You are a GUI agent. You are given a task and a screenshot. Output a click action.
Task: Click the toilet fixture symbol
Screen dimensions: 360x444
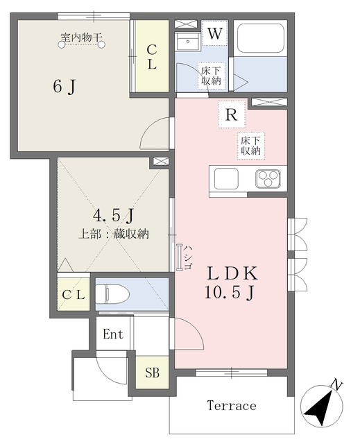[112, 294]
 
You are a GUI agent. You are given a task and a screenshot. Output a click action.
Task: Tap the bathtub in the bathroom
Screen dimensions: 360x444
[261, 38]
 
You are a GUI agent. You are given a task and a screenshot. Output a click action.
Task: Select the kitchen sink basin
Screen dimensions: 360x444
[226, 179]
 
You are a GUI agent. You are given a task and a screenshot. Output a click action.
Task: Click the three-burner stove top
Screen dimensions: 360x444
[268, 179]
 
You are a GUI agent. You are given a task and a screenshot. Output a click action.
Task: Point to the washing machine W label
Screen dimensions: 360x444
[215, 34]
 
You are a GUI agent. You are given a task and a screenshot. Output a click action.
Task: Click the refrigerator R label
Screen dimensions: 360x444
[231, 114]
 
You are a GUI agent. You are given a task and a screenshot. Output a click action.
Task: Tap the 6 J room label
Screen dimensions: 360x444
[65, 86]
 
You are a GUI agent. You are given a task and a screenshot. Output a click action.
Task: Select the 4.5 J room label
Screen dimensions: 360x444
[113, 216]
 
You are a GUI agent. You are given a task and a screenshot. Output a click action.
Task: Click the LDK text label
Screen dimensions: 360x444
[232, 273]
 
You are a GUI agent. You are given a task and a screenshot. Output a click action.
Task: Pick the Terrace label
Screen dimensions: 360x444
[232, 405]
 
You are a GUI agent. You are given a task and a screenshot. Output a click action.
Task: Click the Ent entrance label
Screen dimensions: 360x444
[113, 334]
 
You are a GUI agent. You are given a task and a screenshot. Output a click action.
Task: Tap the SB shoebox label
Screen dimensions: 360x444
[153, 373]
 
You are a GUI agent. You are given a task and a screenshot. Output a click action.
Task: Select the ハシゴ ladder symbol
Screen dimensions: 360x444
[179, 257]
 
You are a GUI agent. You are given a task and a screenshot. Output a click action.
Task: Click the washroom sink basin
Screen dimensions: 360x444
[187, 42]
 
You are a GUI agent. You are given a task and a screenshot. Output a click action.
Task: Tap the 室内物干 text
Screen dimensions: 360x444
[82, 37]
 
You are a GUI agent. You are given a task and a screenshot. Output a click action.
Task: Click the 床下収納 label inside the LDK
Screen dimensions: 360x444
[251, 145]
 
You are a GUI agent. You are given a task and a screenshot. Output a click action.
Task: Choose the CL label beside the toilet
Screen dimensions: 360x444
[74, 296]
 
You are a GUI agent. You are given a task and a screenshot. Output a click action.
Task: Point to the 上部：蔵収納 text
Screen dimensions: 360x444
[114, 234]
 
